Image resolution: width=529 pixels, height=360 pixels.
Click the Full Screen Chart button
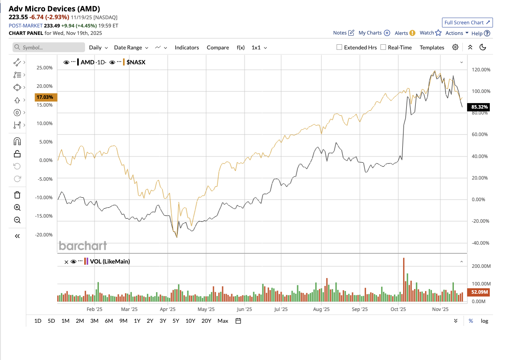click(x=467, y=23)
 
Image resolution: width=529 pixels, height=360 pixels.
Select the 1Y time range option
click(x=137, y=321)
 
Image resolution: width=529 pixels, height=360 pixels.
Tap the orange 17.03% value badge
click(x=45, y=97)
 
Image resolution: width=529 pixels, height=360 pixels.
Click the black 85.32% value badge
click(x=479, y=107)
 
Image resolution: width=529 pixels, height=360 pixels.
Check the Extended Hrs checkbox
click(x=339, y=47)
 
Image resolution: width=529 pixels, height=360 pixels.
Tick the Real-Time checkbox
click(x=383, y=47)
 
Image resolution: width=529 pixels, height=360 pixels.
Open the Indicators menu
click(x=187, y=47)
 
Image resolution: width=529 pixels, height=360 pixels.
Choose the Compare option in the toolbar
click(x=218, y=47)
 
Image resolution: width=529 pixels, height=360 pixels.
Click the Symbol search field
click(x=49, y=47)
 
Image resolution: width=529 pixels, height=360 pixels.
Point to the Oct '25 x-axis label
click(x=398, y=309)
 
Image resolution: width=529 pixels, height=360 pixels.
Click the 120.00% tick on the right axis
click(x=481, y=70)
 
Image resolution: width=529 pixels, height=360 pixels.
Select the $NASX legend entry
click(x=136, y=62)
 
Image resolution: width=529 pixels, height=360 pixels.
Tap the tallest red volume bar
click(x=404, y=279)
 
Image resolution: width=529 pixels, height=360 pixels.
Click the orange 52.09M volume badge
click(x=479, y=292)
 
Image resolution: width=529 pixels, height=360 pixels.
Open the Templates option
click(x=432, y=47)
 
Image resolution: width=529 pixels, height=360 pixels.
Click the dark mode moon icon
click(x=483, y=47)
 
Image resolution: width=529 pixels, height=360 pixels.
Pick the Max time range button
click(x=223, y=321)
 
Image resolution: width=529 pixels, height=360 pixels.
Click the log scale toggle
click(x=484, y=321)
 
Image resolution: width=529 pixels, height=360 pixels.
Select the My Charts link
click(x=370, y=33)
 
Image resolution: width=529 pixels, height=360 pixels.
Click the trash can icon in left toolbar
click(x=17, y=195)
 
